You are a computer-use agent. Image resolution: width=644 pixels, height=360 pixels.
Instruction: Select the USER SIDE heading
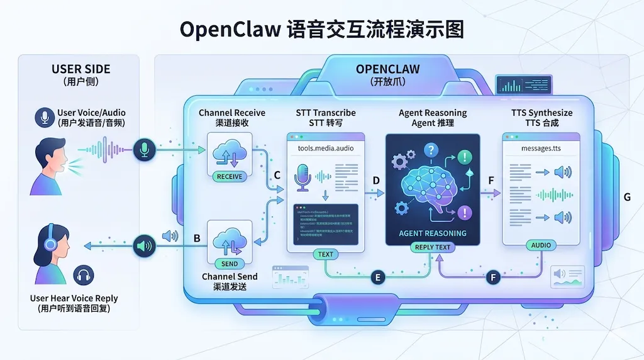point(80,69)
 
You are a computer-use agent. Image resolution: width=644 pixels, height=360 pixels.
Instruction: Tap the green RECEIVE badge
point(229,177)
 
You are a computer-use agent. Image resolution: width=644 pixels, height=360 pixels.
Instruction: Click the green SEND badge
point(230,264)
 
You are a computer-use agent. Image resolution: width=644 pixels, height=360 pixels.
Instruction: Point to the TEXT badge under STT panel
point(326,254)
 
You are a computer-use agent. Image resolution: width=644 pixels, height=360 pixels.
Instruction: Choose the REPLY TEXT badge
point(433,247)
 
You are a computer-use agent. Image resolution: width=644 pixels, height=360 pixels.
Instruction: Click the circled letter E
point(377,277)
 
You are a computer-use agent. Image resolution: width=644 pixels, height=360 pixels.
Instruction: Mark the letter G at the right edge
point(626,197)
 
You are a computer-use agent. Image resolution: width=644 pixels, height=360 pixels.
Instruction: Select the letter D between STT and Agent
point(376,181)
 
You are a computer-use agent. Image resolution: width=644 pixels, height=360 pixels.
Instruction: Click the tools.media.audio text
point(325,148)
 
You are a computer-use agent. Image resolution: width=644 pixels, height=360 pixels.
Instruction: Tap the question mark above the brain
point(431,150)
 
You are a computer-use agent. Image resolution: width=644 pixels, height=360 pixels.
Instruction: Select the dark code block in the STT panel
point(326,223)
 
